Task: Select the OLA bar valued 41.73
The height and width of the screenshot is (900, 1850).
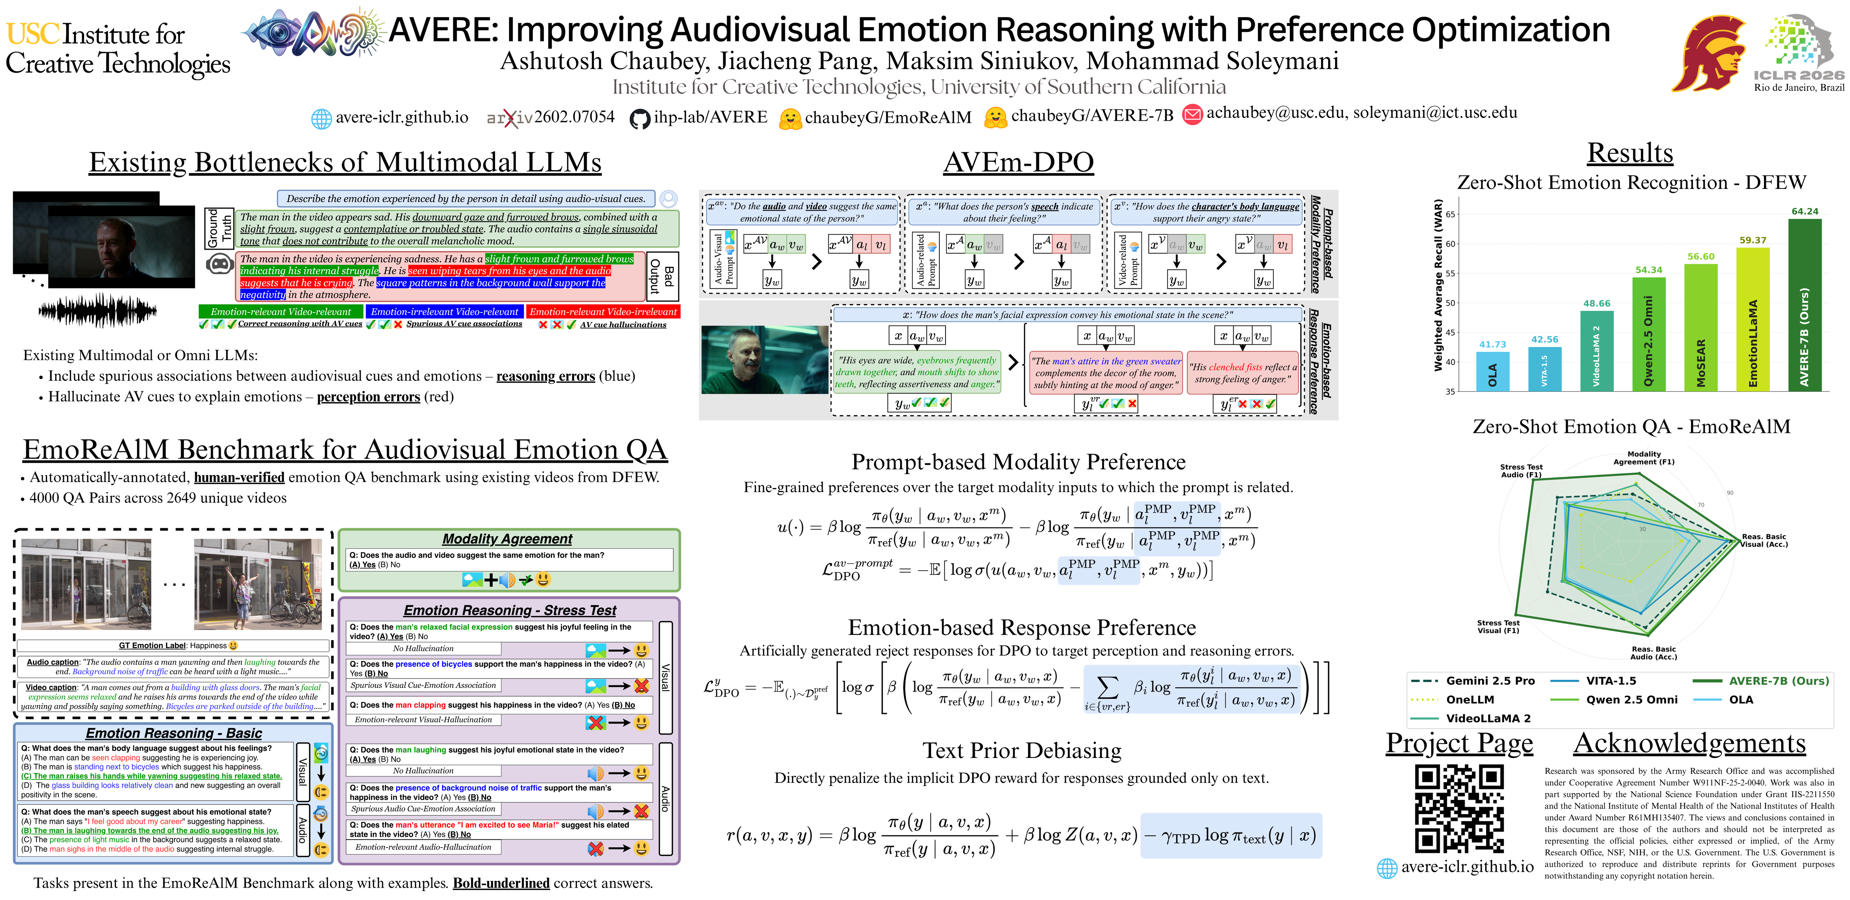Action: coord(1492,371)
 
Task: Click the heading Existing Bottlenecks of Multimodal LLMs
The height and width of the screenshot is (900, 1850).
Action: coord(345,162)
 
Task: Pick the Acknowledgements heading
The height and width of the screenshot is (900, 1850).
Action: coord(1689,744)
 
